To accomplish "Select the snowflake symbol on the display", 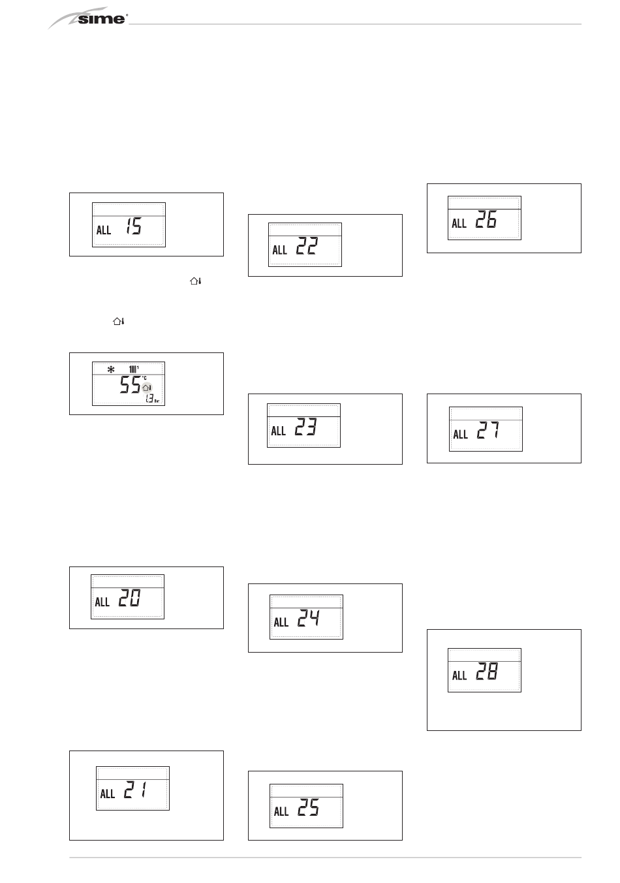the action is point(111,369).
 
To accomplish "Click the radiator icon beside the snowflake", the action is point(134,369).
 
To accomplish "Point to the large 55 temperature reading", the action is point(130,385).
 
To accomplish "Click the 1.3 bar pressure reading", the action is point(149,398).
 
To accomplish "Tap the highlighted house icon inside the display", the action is point(146,388).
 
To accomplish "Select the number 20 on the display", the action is point(129,598).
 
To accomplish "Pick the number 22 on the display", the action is point(307,246).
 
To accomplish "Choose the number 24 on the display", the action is point(308,618).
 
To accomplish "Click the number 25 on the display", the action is point(308,809).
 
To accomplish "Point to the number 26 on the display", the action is point(486,220).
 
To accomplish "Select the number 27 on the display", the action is point(488,430).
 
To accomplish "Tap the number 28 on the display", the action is point(487,672).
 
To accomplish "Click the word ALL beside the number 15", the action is point(104,230).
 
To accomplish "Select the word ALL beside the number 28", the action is point(459,675).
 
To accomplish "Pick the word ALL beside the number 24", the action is point(281,622).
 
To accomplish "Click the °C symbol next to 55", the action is point(144,378).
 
